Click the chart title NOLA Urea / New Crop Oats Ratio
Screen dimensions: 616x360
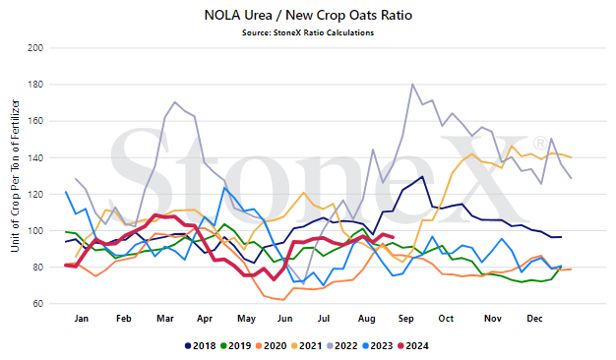point(308,16)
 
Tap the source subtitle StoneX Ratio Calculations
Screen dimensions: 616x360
point(308,32)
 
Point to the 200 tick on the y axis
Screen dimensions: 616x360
point(35,48)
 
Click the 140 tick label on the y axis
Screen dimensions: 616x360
point(35,157)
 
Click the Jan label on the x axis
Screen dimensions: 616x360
point(82,319)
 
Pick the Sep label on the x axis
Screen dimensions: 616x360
point(405,319)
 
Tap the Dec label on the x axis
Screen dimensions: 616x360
point(534,319)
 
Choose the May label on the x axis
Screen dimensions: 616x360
point(246,319)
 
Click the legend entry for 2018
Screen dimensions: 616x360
point(201,346)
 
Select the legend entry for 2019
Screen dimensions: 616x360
point(236,346)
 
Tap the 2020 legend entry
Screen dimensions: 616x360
point(271,346)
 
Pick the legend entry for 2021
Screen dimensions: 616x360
point(306,346)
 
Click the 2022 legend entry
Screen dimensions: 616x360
point(342,346)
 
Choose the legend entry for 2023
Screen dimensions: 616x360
point(378,346)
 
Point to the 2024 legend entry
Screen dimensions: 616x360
point(413,346)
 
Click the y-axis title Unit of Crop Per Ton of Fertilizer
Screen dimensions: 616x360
point(15,175)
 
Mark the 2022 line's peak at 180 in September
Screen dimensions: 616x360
point(412,84)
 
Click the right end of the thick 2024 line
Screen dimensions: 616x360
point(394,237)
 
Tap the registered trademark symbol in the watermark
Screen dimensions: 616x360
point(540,143)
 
